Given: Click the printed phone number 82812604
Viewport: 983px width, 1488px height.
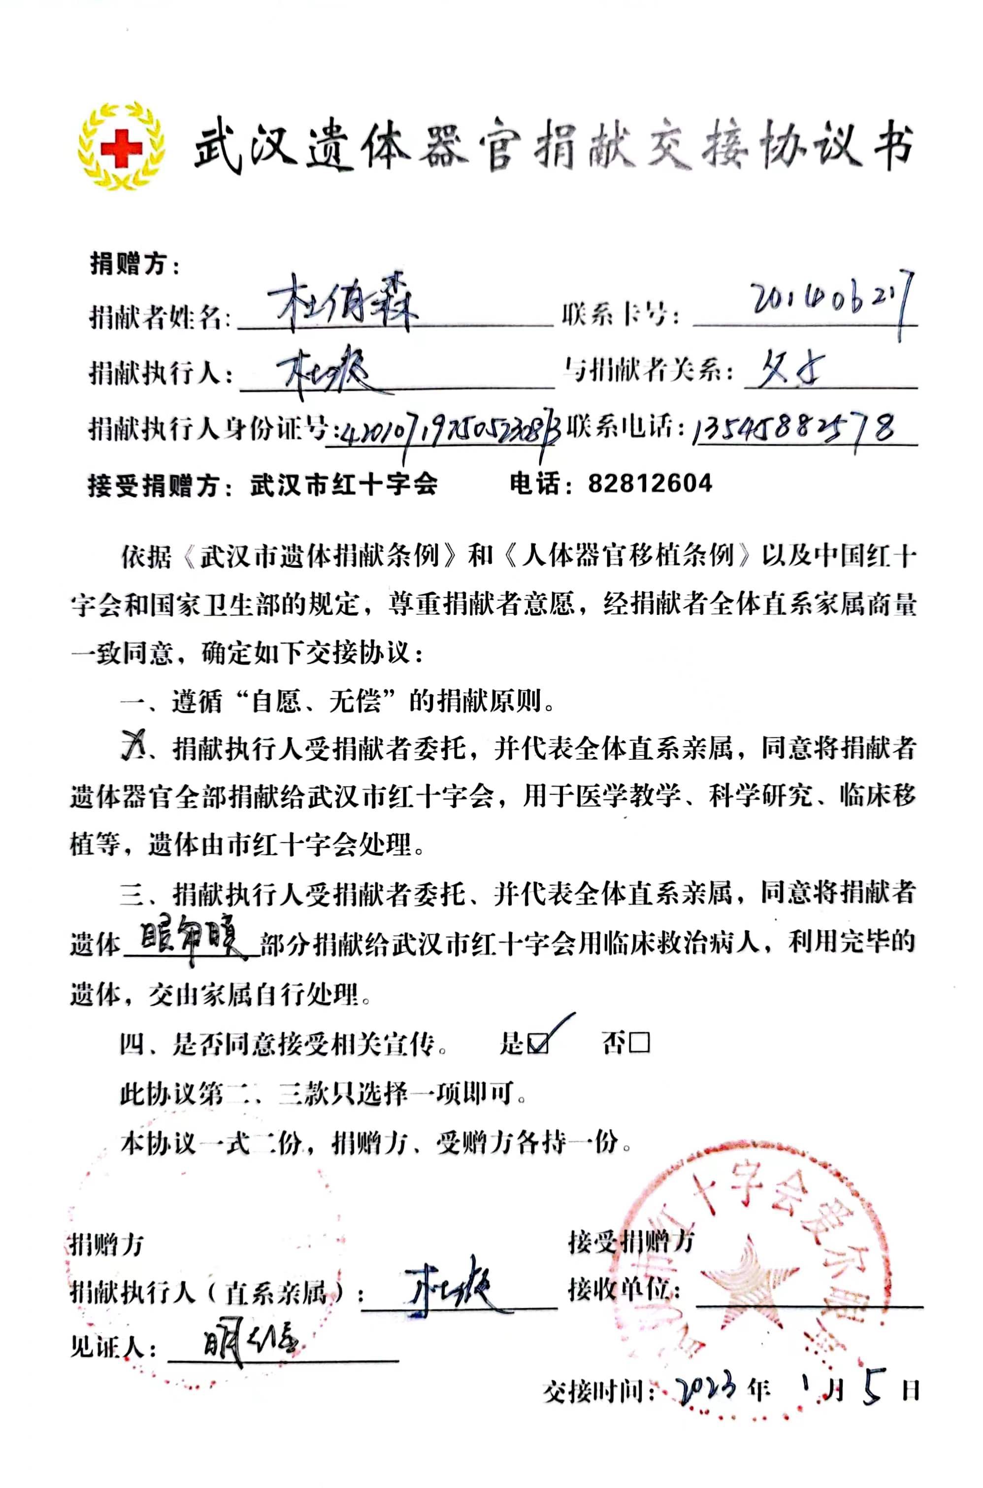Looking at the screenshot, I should [650, 483].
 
